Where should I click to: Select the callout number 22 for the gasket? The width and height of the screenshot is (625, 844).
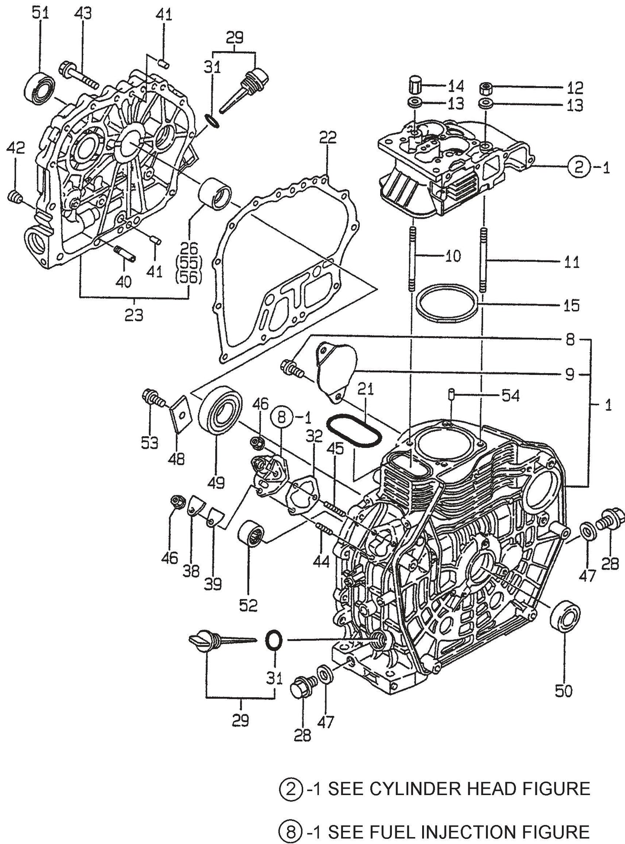(327, 139)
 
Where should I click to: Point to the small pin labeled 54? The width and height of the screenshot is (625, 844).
(450, 395)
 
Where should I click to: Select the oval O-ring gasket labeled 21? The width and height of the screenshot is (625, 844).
(353, 431)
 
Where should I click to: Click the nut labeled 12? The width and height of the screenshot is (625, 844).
(485, 89)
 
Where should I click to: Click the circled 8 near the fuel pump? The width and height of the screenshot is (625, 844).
(282, 418)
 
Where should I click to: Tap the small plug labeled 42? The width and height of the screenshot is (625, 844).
(15, 197)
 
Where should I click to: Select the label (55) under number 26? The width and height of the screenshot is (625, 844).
(189, 263)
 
